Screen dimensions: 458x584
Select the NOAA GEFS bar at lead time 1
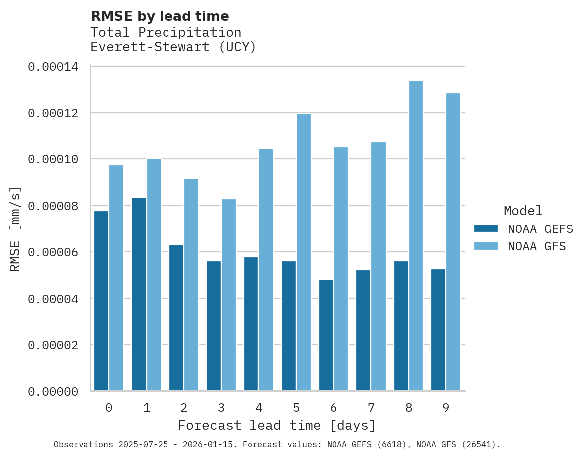(x=139, y=294)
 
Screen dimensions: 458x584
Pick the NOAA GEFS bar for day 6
(x=326, y=335)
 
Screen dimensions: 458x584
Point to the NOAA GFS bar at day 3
(x=229, y=295)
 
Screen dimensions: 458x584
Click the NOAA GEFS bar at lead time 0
(x=101, y=301)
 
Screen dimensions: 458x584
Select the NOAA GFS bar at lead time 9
(x=453, y=242)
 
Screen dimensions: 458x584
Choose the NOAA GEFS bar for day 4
(x=251, y=324)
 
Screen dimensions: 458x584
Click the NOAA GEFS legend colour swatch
(x=486, y=229)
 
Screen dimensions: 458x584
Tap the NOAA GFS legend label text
(x=537, y=246)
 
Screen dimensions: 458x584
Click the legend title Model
(x=523, y=211)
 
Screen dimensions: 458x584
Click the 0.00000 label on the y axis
(x=53, y=392)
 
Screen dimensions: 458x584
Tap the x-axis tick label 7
(x=371, y=408)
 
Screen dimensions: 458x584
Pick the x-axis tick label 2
(x=184, y=408)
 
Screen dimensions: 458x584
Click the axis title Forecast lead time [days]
(x=277, y=426)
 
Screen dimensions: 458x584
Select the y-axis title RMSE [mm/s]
(x=15, y=229)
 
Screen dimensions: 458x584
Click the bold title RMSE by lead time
(x=160, y=16)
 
